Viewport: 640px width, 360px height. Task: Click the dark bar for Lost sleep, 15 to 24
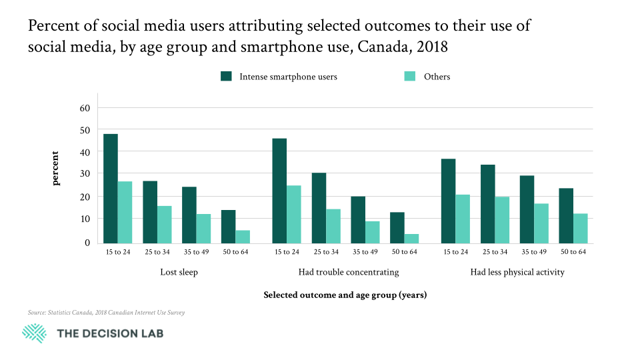pos(111,189)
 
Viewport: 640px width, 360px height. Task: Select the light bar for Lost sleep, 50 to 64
pos(243,237)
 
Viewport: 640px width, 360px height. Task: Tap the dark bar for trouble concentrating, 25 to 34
pos(319,208)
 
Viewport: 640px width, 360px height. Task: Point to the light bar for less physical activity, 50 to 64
pos(580,228)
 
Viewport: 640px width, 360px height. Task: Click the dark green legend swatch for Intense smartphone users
pos(226,77)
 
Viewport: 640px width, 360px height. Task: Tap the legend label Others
pos(437,77)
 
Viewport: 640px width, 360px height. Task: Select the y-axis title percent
pos(57,169)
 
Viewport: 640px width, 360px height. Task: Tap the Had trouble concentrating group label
pos(349,272)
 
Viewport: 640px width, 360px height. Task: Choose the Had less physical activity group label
pos(517,272)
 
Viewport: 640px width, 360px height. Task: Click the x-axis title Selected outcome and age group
pos(345,295)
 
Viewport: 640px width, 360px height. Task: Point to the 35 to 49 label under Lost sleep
pos(196,251)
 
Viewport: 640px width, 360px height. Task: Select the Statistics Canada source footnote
pos(107,312)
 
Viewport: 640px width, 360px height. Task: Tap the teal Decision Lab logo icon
pos(35,333)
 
